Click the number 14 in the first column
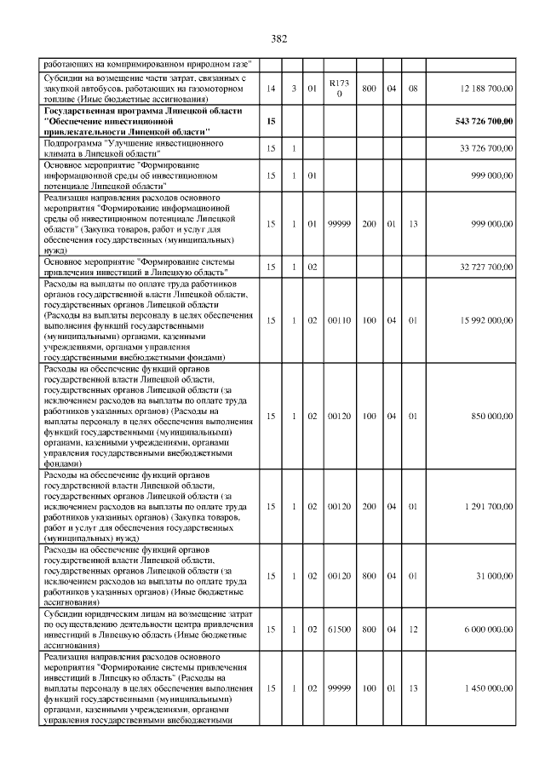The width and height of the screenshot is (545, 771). [271, 89]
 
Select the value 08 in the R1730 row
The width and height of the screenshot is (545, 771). [413, 89]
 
